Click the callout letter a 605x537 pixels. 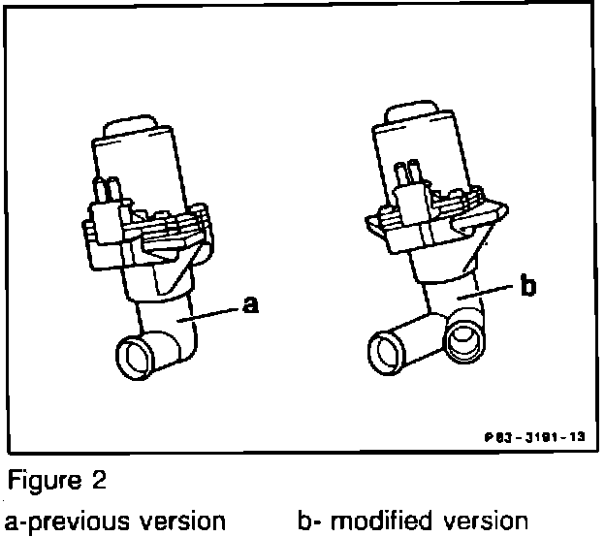[x=251, y=306]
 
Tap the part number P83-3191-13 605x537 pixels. [x=535, y=437]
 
